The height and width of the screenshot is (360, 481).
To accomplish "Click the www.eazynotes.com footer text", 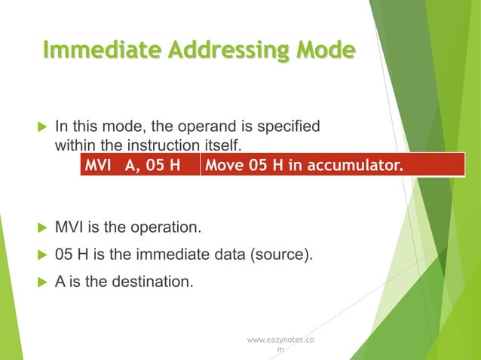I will pos(280,345).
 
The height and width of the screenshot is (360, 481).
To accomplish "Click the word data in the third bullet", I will pos(228,255).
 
